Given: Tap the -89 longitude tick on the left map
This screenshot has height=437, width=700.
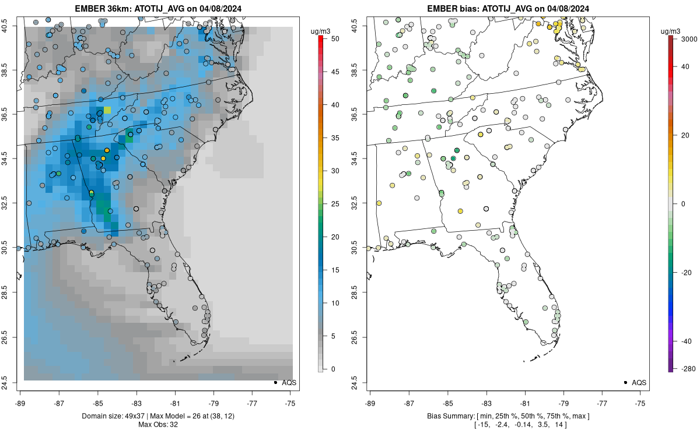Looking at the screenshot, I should (20, 403).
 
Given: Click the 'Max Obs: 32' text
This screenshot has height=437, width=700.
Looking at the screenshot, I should (159, 424).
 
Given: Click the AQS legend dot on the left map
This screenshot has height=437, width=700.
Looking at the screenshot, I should (275, 382).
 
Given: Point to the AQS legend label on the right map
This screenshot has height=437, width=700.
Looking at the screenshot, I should (639, 382).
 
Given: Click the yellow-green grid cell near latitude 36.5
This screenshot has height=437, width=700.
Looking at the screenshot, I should (107, 110).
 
